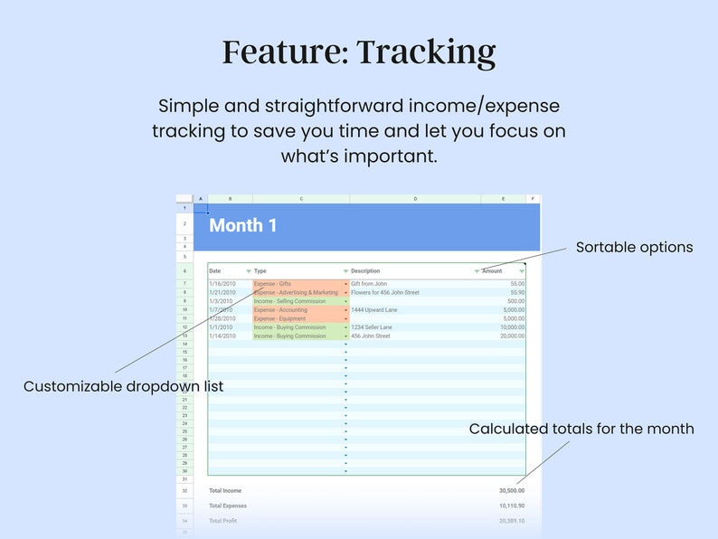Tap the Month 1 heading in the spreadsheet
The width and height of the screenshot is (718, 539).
click(243, 226)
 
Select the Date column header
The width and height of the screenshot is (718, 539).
click(215, 271)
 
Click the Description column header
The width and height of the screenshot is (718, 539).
click(365, 271)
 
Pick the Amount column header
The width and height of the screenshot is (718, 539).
click(492, 271)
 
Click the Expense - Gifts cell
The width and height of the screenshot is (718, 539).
click(272, 284)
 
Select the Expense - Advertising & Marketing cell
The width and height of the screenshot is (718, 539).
click(296, 293)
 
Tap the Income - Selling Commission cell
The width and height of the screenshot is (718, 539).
click(289, 301)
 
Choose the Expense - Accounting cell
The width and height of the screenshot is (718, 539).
click(280, 310)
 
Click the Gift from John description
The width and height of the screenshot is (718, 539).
click(369, 284)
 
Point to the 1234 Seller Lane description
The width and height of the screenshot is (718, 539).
click(372, 327)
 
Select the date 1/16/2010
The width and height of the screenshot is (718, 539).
click(222, 284)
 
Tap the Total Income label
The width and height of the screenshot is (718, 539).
click(225, 490)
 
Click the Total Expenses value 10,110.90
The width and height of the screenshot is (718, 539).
click(512, 506)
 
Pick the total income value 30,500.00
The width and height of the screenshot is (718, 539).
click(512, 490)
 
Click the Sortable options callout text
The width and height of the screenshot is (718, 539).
click(634, 247)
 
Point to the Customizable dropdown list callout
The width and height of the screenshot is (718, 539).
click(123, 386)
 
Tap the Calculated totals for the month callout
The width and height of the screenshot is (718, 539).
click(581, 429)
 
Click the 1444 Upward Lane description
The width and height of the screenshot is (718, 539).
click(374, 310)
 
